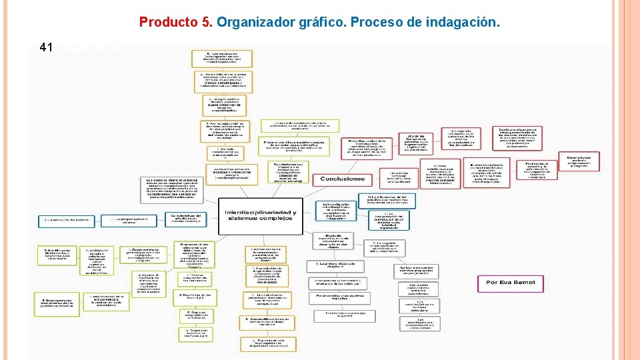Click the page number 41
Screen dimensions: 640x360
coord(46,47)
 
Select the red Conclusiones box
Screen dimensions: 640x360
coord(343,179)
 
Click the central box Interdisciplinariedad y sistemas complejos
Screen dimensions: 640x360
coord(260,210)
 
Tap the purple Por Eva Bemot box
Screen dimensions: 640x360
coord(511,283)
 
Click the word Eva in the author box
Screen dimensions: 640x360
coord(510,283)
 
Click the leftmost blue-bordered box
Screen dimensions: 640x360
coord(65,219)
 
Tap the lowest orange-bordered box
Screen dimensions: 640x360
coord(266,344)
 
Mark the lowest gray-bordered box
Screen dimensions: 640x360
coord(420,323)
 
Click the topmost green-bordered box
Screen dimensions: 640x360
coord(299,125)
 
